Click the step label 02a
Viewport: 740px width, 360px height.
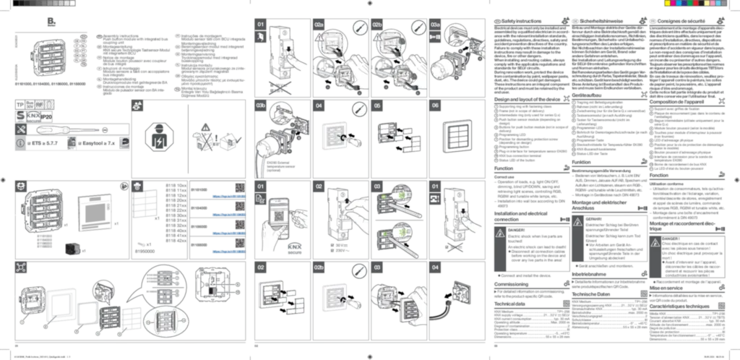(x=320, y=26)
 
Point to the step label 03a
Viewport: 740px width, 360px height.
(x=436, y=26)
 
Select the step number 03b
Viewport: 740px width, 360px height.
(x=263, y=106)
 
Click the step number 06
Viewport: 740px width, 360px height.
(x=434, y=106)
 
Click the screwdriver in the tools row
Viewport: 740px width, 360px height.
(x=61, y=129)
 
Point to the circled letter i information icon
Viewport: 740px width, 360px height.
(x=20, y=143)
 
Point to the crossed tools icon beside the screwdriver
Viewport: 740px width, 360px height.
(x=20, y=129)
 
